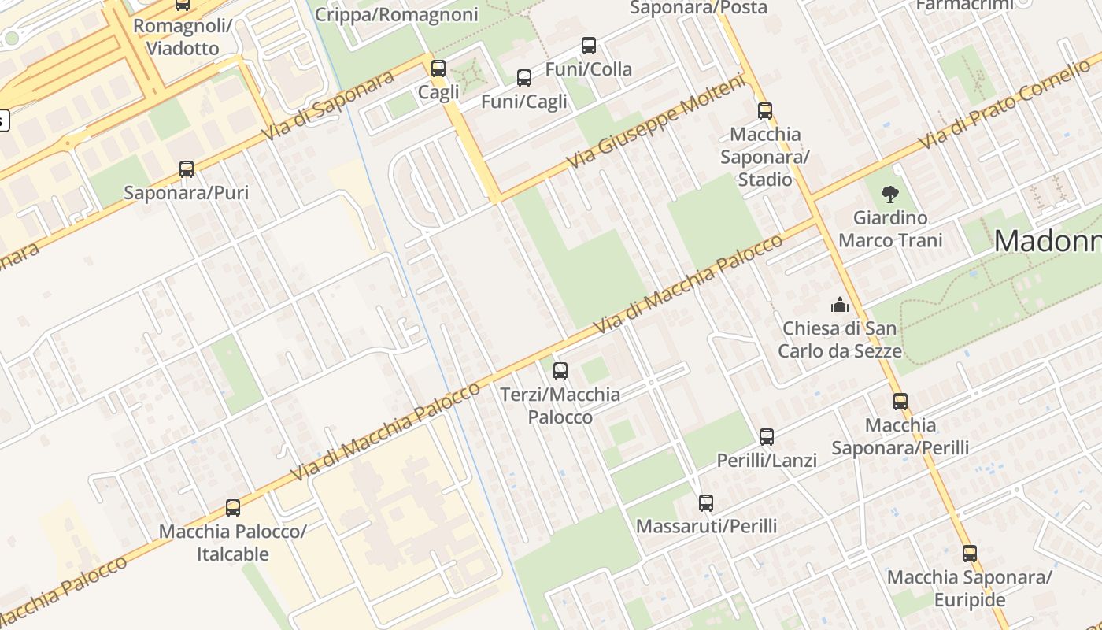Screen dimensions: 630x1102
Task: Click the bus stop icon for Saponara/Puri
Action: [x=187, y=169]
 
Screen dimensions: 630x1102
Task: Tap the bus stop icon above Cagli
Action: [x=438, y=69]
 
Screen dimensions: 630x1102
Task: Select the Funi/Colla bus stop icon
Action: [x=589, y=46]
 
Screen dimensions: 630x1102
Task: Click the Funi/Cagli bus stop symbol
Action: [x=524, y=78]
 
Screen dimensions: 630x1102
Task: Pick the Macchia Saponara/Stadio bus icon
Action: [x=765, y=111]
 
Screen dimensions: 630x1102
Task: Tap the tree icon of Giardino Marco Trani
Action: [x=890, y=194]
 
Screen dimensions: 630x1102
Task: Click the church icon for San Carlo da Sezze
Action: [x=840, y=305]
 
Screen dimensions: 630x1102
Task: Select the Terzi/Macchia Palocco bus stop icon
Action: [x=560, y=371]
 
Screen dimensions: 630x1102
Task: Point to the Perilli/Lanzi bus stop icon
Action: [x=767, y=437]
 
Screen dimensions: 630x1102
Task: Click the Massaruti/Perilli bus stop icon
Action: [x=706, y=503]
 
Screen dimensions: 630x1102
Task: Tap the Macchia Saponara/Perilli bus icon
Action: [x=900, y=402]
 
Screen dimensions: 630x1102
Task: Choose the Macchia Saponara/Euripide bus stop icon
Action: [x=970, y=554]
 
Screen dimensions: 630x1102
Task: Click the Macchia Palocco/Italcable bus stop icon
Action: [x=233, y=508]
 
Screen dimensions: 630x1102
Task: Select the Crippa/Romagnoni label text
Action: [x=397, y=15]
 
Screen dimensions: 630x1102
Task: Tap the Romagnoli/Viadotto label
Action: [x=183, y=37]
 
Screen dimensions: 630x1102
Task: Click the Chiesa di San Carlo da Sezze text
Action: [x=840, y=339]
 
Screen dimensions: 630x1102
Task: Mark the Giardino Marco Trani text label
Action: [x=890, y=228]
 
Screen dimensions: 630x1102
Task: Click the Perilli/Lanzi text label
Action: [x=767, y=460]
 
